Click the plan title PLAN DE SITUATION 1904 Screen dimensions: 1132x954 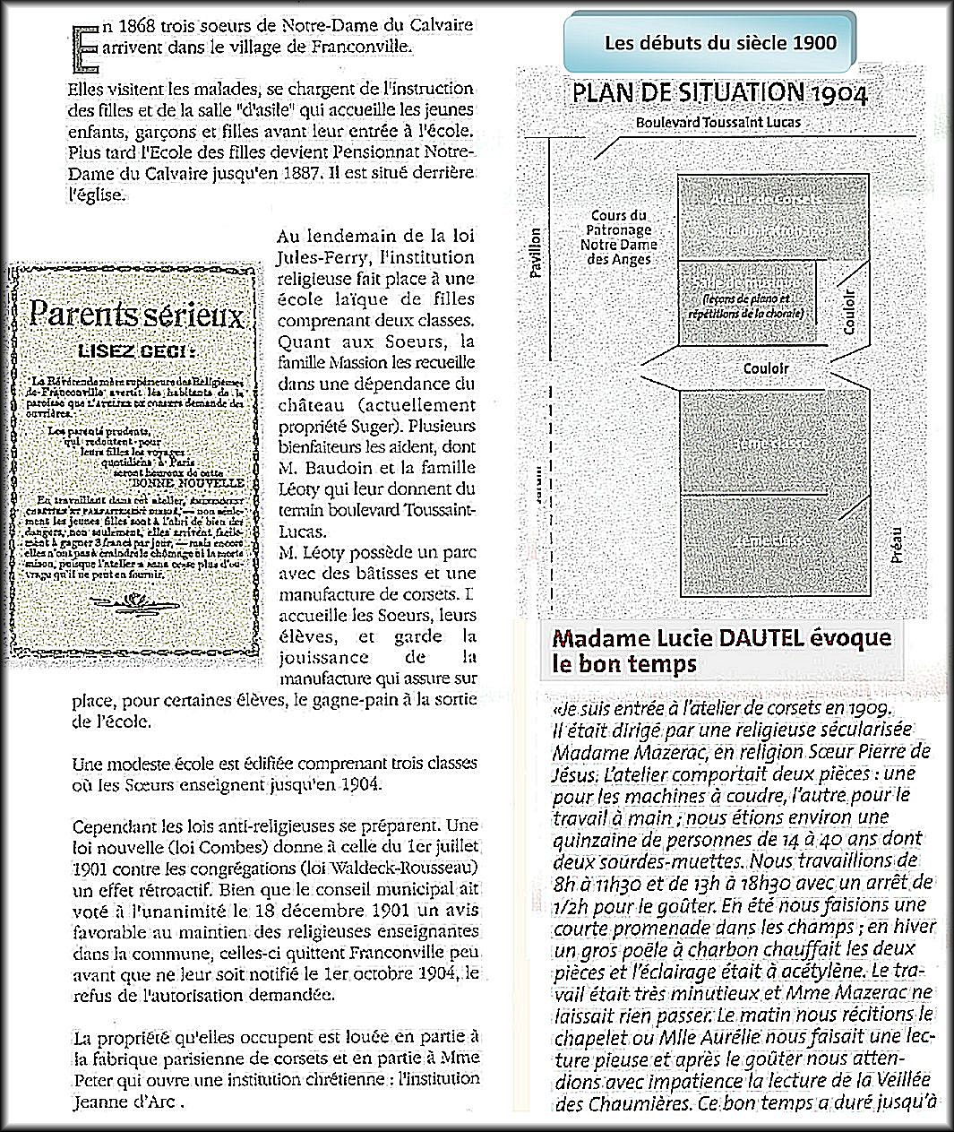coord(719,93)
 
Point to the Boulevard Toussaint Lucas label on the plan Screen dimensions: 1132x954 coord(718,121)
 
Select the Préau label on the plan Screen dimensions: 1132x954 coord(898,543)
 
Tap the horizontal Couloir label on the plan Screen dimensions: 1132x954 coord(766,367)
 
